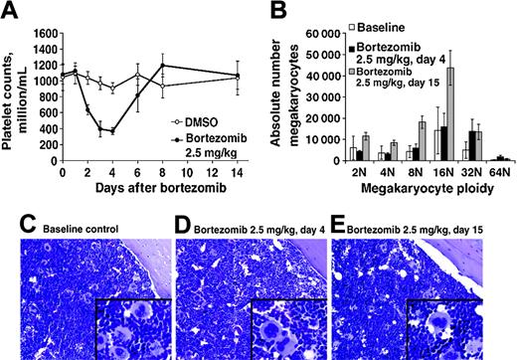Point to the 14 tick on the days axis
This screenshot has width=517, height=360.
coord(237,176)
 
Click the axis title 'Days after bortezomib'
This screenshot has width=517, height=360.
coord(149,190)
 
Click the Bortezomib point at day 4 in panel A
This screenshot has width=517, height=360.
coord(112,131)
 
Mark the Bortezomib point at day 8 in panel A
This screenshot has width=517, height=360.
coord(162,67)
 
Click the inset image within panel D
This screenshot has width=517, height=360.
coord(284,322)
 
